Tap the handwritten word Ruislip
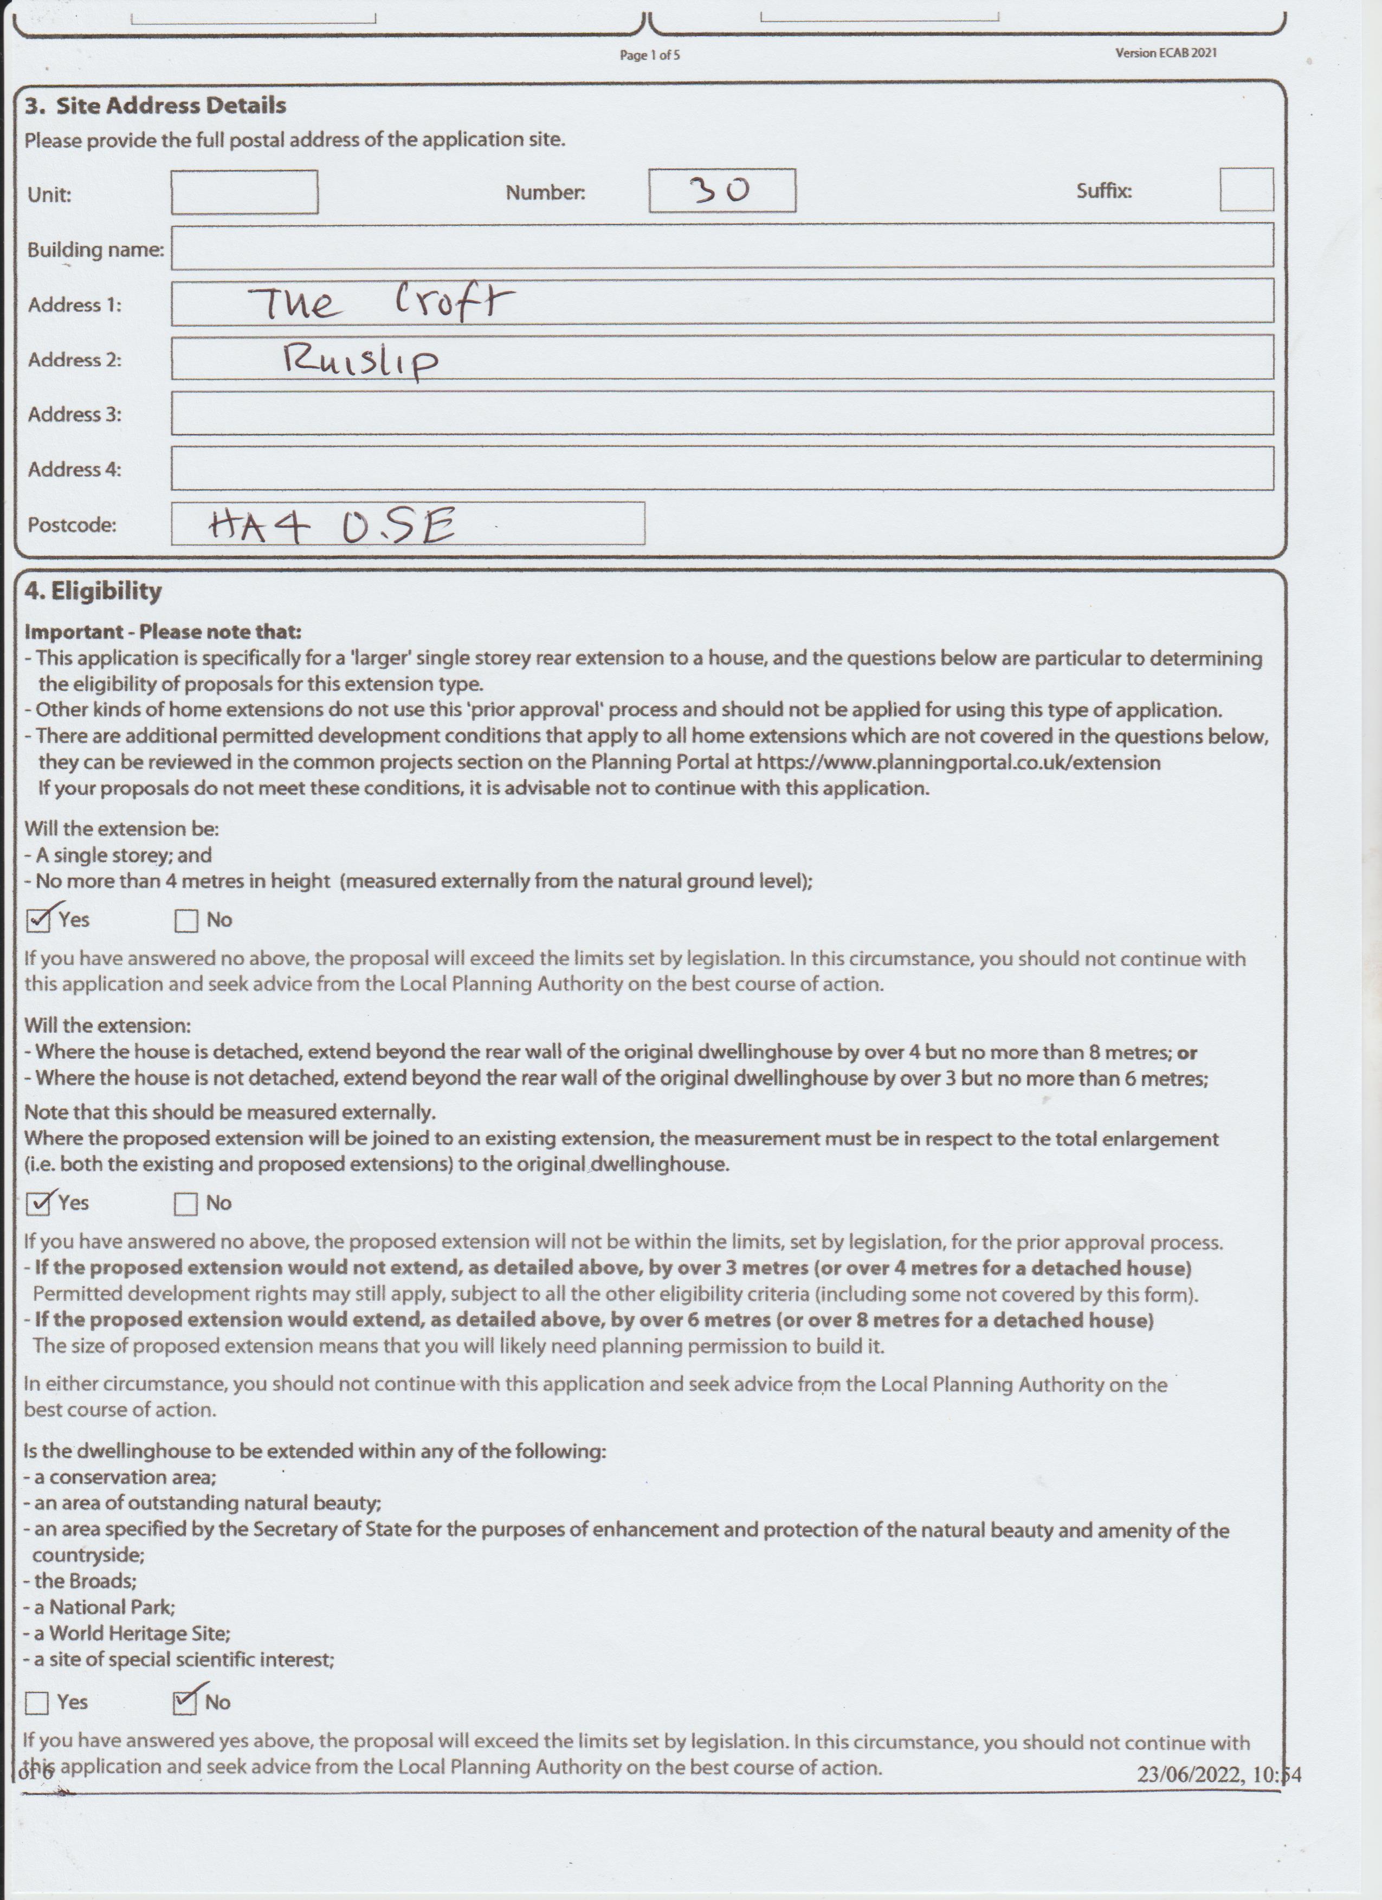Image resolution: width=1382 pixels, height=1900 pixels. pyautogui.click(x=360, y=360)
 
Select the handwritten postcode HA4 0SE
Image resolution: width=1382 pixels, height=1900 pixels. pyautogui.click(x=332, y=526)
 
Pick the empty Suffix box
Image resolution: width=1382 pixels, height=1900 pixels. pyautogui.click(x=1245, y=189)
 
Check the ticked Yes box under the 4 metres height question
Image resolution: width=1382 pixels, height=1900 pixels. pyautogui.click(x=38, y=920)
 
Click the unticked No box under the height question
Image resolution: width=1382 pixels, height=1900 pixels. pyautogui.click(x=186, y=920)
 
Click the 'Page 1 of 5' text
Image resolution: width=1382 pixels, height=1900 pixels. pyautogui.click(x=649, y=55)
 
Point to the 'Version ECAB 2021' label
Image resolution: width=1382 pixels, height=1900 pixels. pyautogui.click(x=1166, y=53)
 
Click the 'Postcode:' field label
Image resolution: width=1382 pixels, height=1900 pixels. pyautogui.click(x=72, y=526)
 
